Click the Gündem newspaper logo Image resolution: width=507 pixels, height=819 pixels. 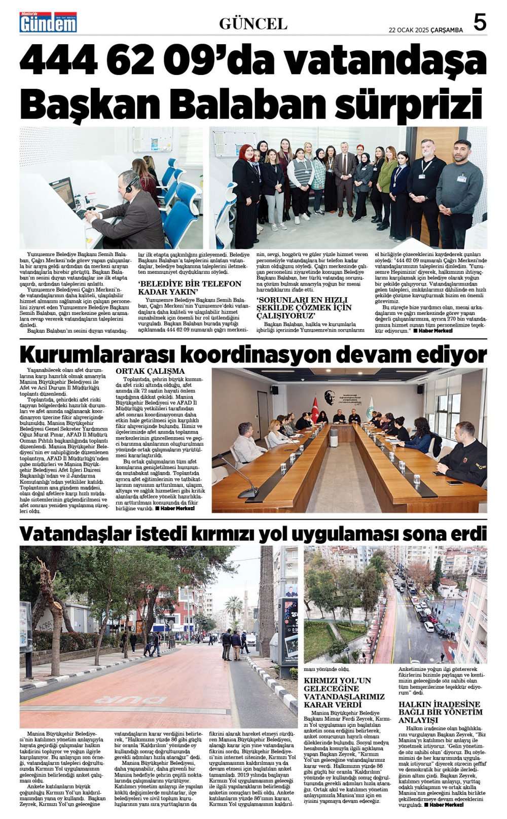(48, 22)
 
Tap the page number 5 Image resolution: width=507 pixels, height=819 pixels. (480, 23)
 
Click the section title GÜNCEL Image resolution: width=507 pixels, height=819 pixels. (253, 24)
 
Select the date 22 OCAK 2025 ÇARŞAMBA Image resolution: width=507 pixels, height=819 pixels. (426, 30)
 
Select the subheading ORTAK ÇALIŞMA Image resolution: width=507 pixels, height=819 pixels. (150, 371)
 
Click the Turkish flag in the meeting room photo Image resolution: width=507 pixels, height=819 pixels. (315, 409)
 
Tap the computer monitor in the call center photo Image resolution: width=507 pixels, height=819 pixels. (63, 192)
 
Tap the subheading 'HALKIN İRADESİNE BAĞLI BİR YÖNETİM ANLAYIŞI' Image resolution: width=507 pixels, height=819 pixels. (439, 712)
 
